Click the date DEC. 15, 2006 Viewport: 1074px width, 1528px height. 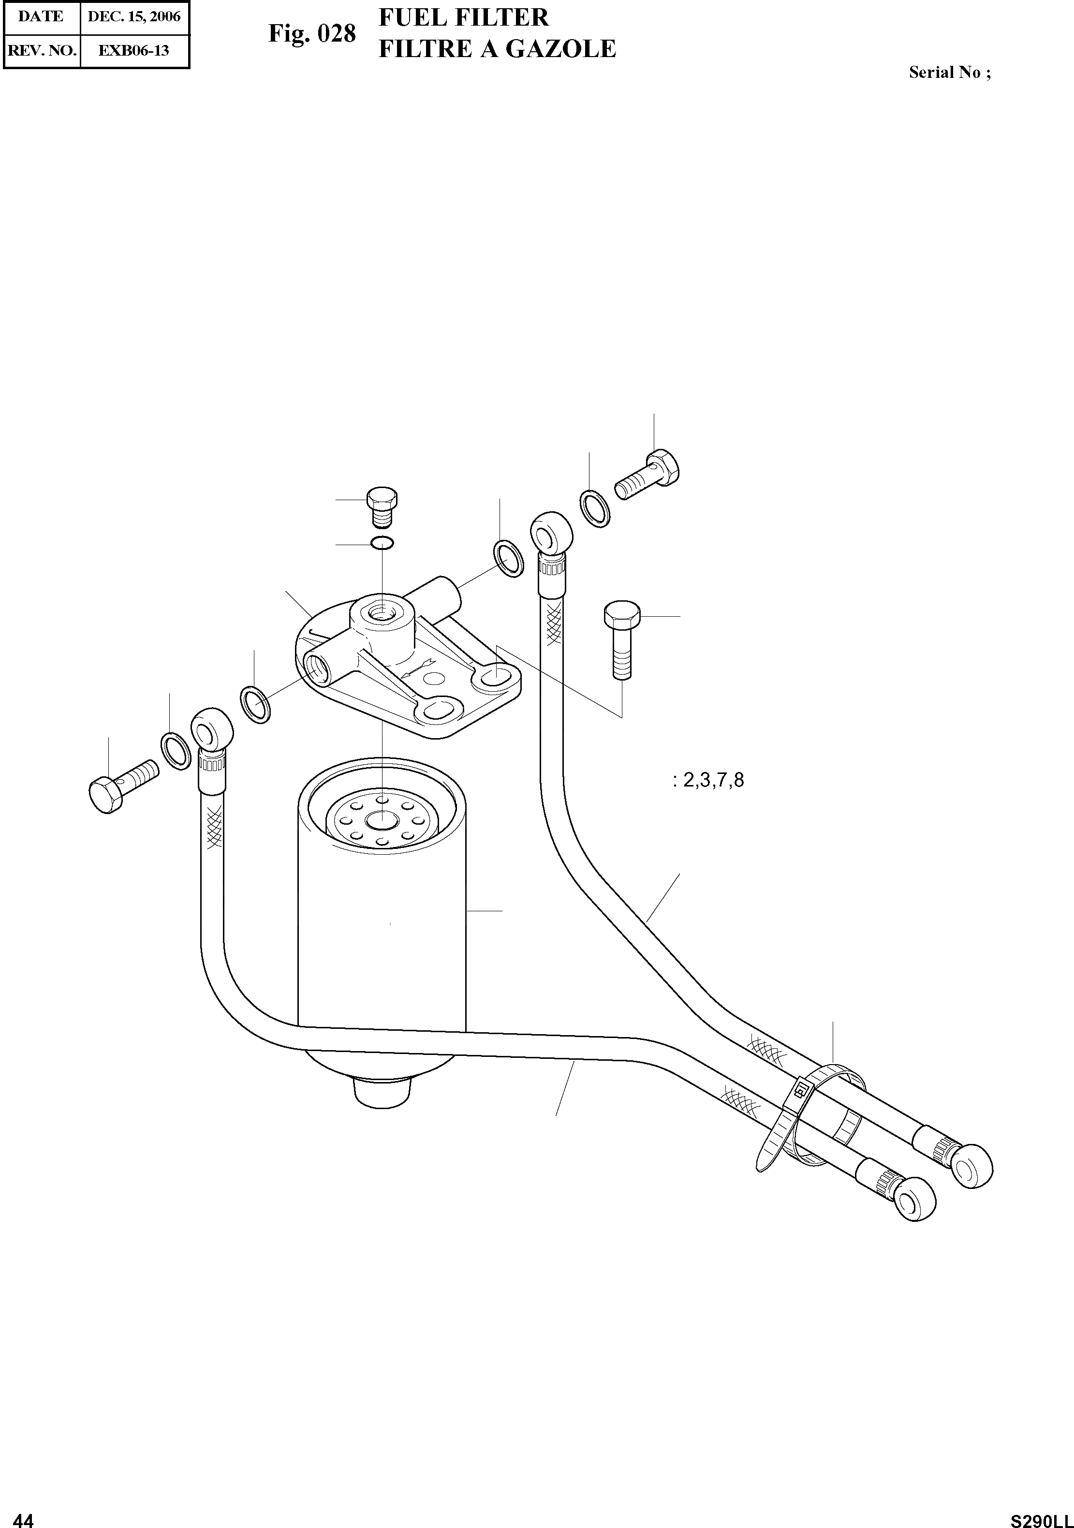pyautogui.click(x=134, y=16)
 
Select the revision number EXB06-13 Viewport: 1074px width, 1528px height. pyautogui.click(x=134, y=51)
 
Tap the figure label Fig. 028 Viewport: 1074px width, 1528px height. pyautogui.click(x=312, y=33)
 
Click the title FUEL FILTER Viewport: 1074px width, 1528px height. pyautogui.click(x=463, y=17)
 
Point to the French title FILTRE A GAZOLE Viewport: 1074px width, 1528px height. pyautogui.click(x=497, y=48)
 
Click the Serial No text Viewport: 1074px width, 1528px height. pyautogui.click(x=950, y=73)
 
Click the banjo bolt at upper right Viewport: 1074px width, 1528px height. pyautogui.click(x=647, y=475)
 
